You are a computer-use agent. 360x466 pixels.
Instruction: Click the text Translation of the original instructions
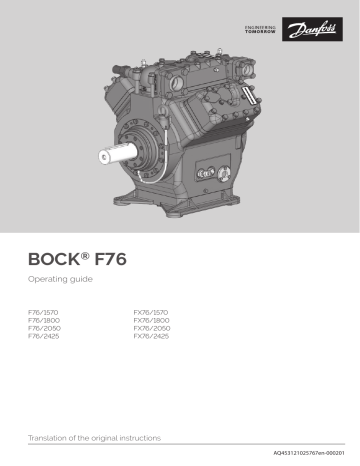coord(92,438)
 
